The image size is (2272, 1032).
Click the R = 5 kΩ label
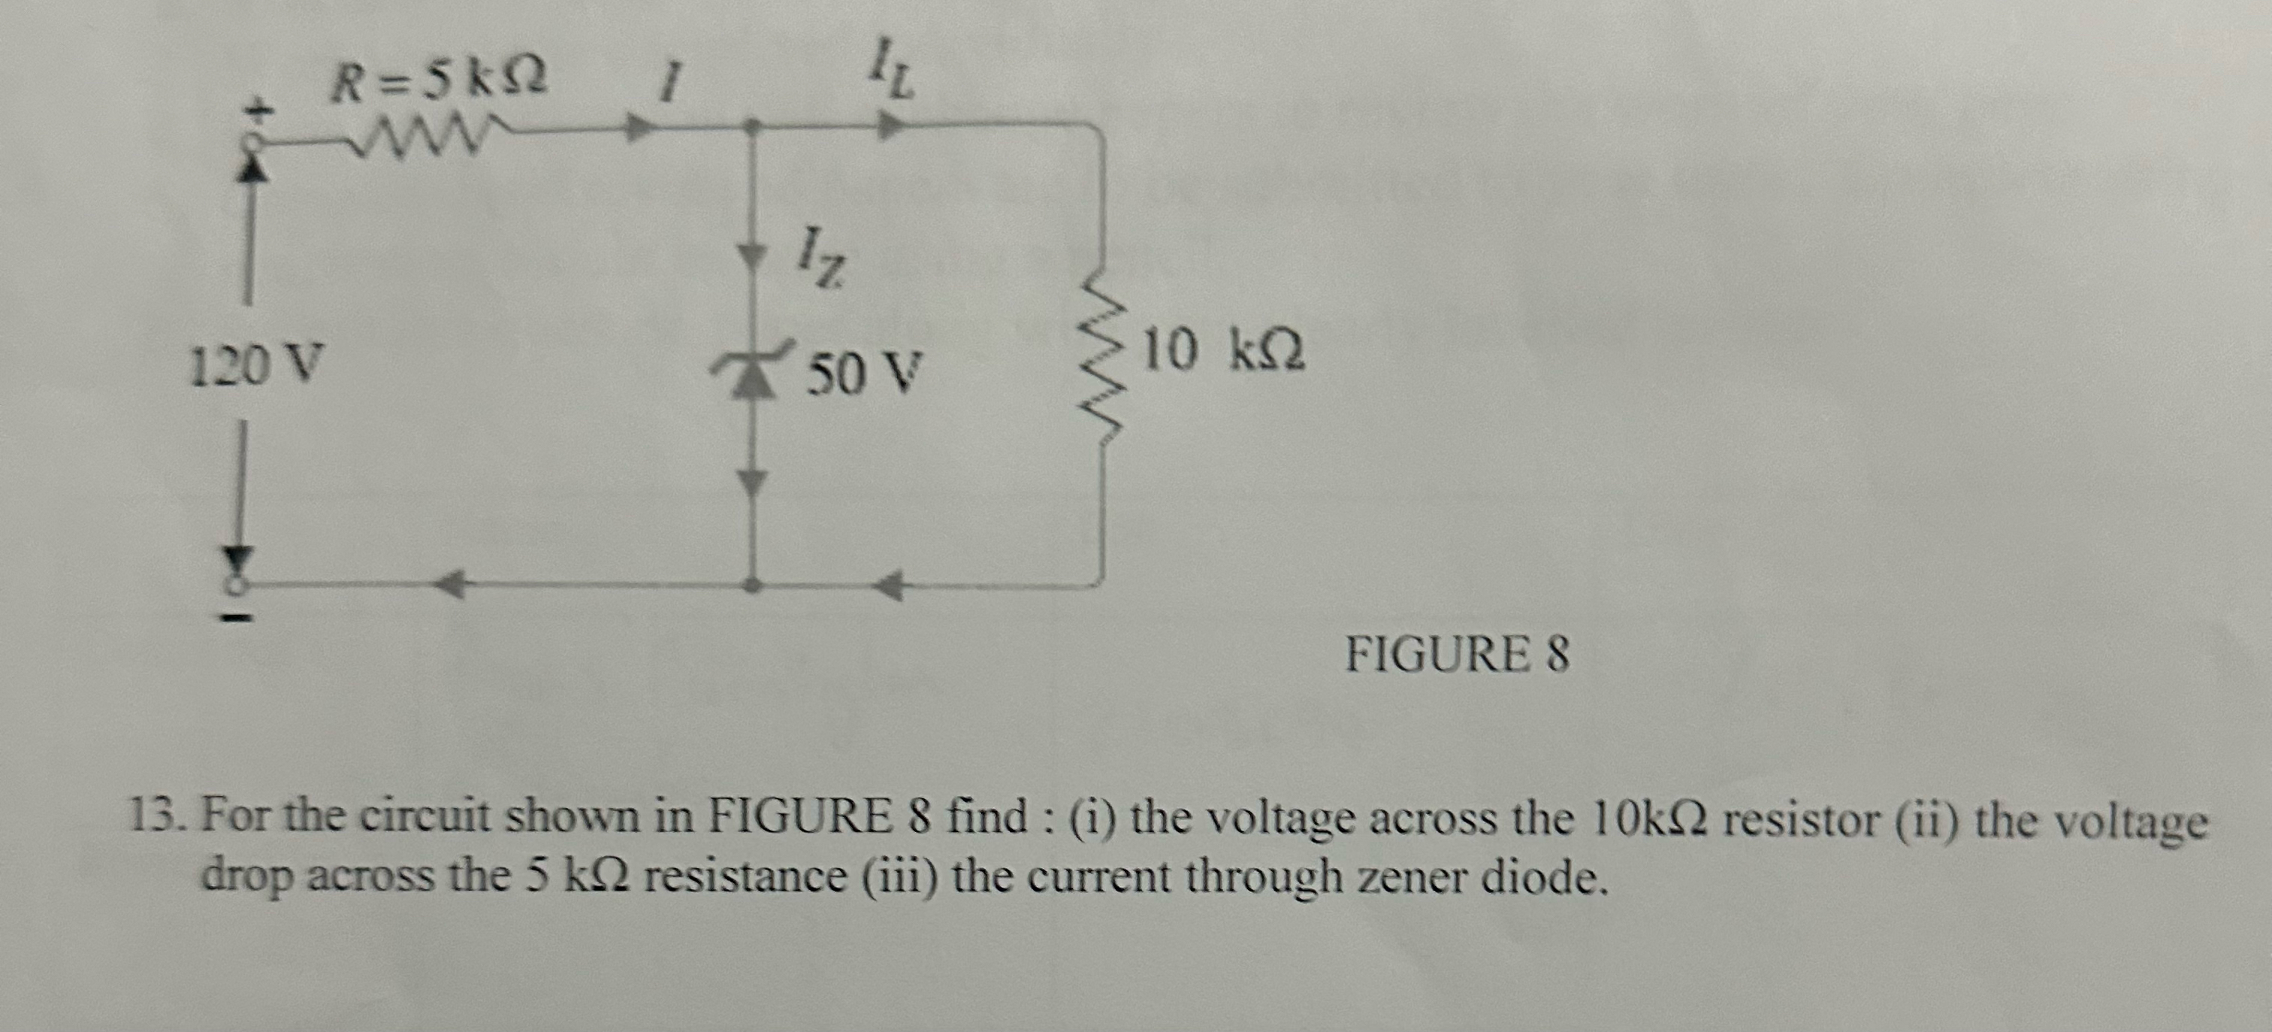coord(437,82)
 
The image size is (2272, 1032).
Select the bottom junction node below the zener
coord(751,584)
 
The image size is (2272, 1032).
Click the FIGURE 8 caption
coord(1457,655)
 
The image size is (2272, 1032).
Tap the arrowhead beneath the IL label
coord(891,127)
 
